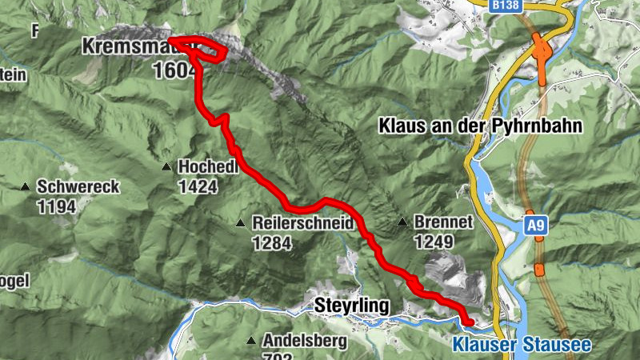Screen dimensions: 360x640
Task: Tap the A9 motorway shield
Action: coord(535,226)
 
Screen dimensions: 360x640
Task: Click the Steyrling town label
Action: coord(352,306)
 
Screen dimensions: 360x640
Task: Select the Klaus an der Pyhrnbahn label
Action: coord(479,126)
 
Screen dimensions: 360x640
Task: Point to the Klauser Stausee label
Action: coord(521,346)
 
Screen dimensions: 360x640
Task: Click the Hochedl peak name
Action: coord(209,166)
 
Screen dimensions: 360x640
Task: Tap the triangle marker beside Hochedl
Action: coord(166,167)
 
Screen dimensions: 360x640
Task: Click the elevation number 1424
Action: coord(198,186)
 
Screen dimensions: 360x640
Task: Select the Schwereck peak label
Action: coord(78,187)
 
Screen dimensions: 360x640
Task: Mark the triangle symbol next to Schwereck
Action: coord(26,187)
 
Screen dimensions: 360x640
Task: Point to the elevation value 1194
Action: coord(56,207)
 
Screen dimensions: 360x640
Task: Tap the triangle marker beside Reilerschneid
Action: coord(241,223)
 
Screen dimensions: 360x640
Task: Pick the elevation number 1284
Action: coord(271,242)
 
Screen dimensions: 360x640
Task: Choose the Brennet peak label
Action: coord(444,222)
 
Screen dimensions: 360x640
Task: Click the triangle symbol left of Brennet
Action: coord(402,222)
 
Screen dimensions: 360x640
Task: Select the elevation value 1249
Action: coord(434,242)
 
